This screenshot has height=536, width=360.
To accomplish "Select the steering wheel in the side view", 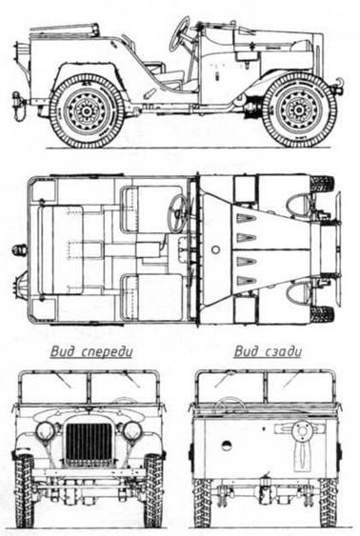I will point(179,34).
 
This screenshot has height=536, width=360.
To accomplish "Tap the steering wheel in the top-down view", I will point(178,213).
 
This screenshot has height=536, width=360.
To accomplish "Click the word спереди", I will point(108,351).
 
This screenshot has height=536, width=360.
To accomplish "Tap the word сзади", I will point(284,351).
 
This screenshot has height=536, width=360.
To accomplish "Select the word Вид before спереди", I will point(65,351).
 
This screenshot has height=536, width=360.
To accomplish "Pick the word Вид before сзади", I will point(247,351).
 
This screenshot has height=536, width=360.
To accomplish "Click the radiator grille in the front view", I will point(90,444).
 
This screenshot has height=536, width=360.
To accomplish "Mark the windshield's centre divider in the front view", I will point(90,387).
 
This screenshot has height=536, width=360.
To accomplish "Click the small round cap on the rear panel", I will point(227,445).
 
